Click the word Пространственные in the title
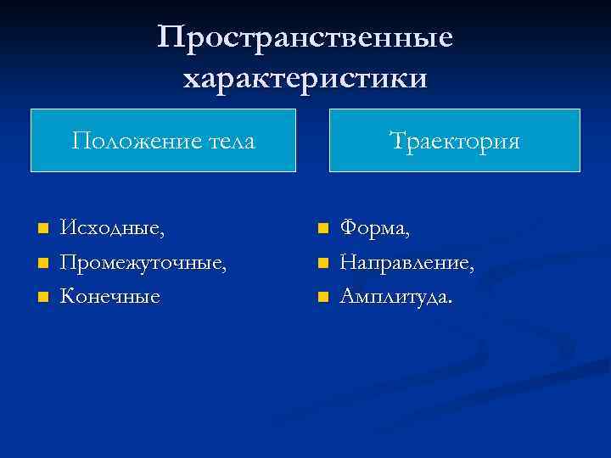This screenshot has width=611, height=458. coord(305,38)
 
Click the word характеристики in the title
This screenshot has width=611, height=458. coord(305,78)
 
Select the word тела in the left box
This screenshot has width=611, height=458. coord(228,140)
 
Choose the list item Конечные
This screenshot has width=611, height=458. coord(109,297)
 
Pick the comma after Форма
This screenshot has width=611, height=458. coord(408,234)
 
